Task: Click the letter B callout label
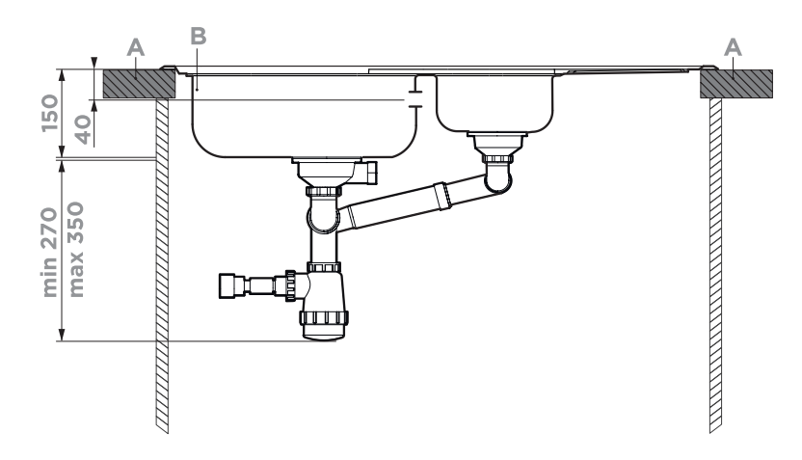198,37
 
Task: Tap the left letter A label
136,48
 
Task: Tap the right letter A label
733,47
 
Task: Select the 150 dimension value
50,113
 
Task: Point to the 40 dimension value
83,128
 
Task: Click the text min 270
50,252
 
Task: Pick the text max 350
76,249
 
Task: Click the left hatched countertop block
139,83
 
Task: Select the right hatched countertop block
736,83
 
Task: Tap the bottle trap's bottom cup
325,325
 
